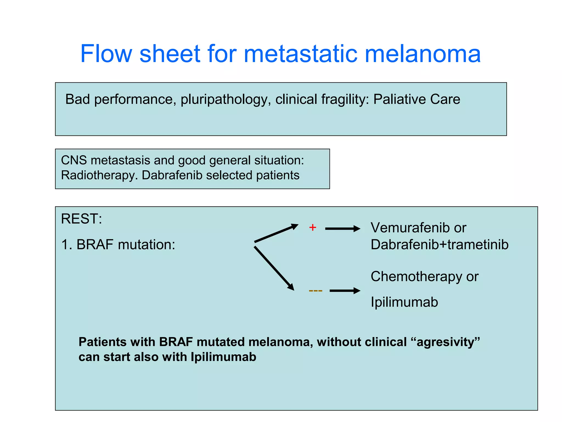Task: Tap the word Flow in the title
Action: tap(106, 54)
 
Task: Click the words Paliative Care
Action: tap(417, 99)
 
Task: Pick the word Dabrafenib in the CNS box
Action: tap(172, 175)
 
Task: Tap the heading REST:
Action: tap(82, 219)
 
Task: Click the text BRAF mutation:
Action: tap(126, 245)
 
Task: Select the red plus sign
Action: tap(313, 227)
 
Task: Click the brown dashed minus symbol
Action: tap(316, 291)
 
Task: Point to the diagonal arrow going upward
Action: tap(276, 233)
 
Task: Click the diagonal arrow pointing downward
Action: tap(274, 268)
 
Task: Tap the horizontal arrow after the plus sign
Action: tap(342, 229)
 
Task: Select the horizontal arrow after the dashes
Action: tap(345, 291)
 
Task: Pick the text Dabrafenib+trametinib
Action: tap(439, 245)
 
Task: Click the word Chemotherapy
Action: tap(416, 276)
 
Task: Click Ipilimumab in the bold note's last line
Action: tap(223, 357)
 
